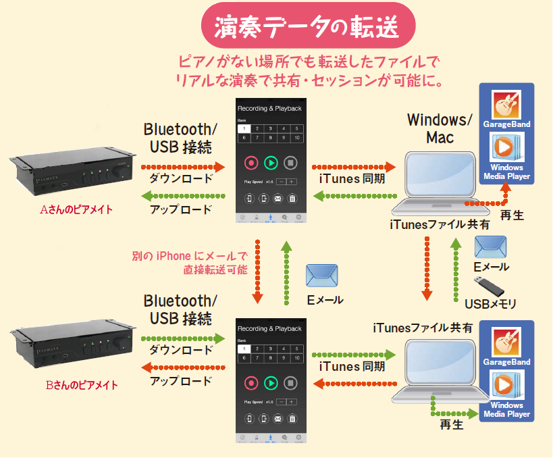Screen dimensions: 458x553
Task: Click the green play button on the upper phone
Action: coord(271,162)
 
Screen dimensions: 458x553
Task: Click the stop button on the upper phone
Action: coord(291,162)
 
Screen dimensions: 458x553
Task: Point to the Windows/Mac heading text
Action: coord(440,128)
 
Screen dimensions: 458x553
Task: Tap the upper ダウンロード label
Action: coord(180,179)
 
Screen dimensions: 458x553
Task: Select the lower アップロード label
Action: coord(180,382)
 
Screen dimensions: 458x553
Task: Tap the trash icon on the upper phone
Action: coord(292,199)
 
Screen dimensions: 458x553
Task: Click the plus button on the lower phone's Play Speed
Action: coord(292,401)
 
